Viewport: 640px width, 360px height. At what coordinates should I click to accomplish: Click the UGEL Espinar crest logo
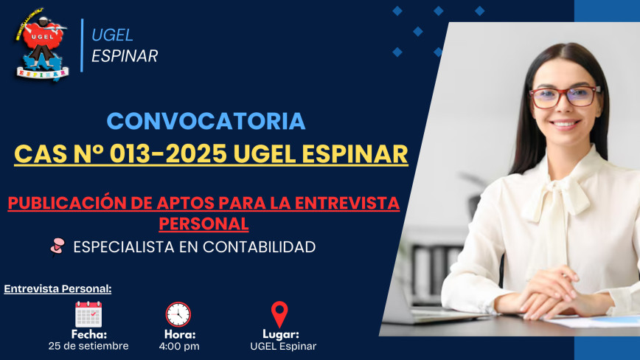pos(41,44)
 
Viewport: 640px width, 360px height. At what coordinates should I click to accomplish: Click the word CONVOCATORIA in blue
pos(206,121)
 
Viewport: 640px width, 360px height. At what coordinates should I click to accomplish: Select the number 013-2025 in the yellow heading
pos(168,154)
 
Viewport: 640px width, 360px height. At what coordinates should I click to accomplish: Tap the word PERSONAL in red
pos(204,224)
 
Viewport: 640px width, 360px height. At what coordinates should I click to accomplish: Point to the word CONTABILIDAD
pos(260,247)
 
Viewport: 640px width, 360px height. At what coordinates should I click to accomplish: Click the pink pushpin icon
pos(58,246)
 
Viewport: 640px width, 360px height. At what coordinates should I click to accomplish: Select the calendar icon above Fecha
pos(88,314)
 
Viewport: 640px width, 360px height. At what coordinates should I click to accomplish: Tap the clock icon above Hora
pos(178,314)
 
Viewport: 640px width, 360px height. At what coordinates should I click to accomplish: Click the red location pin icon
pos(279,314)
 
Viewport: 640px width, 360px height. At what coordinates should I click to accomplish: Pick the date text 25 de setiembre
pos(88,346)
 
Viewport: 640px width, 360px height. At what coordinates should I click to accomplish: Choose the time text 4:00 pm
pos(179,347)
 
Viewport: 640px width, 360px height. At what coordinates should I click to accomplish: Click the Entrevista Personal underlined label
pos(58,288)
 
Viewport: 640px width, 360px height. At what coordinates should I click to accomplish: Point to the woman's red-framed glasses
pos(565,97)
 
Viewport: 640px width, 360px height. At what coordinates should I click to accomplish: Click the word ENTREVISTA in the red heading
pos(347,203)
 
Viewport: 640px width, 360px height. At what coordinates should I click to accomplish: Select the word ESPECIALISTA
pos(124,247)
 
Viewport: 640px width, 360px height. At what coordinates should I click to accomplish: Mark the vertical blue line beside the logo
pos(82,45)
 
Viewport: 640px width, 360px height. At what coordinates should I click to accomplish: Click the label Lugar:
pos(281,334)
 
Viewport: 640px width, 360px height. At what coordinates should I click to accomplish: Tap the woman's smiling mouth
pos(565,123)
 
